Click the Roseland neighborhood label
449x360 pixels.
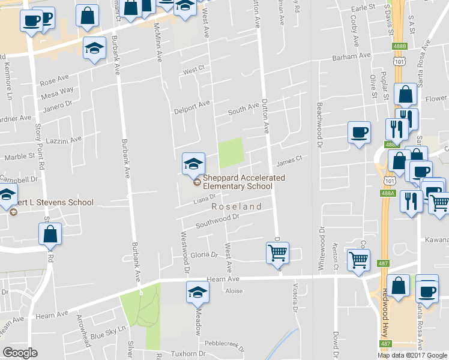click(236, 206)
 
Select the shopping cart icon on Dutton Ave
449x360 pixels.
click(277, 253)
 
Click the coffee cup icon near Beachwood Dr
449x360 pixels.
click(360, 133)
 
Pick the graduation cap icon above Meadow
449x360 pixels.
click(196, 293)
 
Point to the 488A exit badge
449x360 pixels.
click(388, 193)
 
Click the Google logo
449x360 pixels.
click(20, 352)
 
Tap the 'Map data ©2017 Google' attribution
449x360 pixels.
click(412, 355)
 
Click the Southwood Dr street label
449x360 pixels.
click(218, 222)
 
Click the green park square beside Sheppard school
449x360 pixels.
click(231, 153)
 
